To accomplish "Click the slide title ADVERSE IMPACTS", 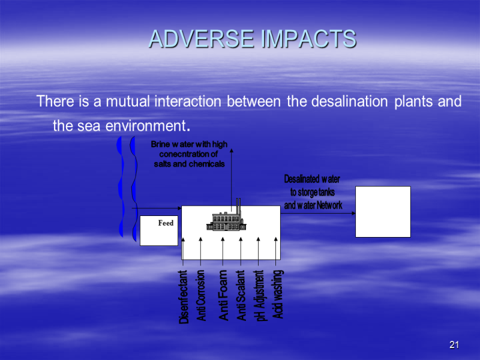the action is pos(253,38).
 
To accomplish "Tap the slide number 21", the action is pos(454,344).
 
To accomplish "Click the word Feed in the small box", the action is pos(166,223).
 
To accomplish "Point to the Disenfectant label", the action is pos(183,296).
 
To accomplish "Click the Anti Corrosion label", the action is pos(201,295).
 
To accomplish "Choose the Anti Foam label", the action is pos(223,295).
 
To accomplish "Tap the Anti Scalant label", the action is pos(241,295).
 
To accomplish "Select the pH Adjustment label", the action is pos(260,295).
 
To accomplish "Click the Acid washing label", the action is pos(277,294).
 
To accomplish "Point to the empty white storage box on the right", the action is pos(383,212).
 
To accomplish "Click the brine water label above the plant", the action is pos(189,154).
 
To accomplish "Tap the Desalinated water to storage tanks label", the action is pos(313,192).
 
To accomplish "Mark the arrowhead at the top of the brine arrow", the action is pos(232,151).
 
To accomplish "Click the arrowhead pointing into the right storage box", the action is pos(353,213).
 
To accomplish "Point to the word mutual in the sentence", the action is pos(128,101).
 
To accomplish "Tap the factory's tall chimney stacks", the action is pos(238,206).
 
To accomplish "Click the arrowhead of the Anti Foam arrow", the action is pos(223,239).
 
